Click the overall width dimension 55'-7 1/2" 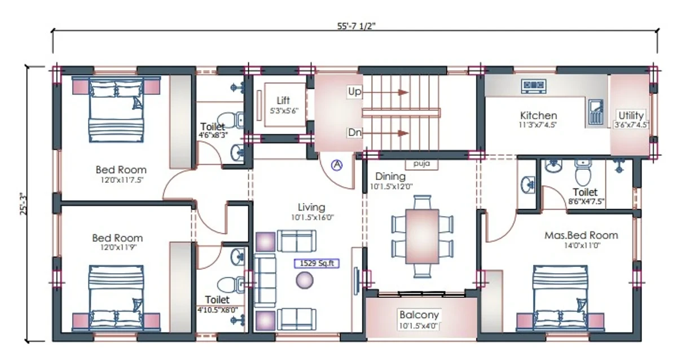[x=357, y=27]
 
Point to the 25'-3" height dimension [x=23, y=204]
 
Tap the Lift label [x=283, y=100]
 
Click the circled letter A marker [x=337, y=165]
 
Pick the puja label [x=421, y=164]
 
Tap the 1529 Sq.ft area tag [x=316, y=264]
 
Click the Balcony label [x=419, y=315]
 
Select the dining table [x=422, y=236]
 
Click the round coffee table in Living [x=304, y=280]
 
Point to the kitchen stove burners [x=534, y=86]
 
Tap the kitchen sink [x=596, y=112]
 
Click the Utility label [x=631, y=116]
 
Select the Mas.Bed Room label [x=581, y=235]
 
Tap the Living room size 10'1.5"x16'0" [x=312, y=217]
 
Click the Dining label [x=390, y=176]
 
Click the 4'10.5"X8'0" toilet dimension [x=218, y=310]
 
